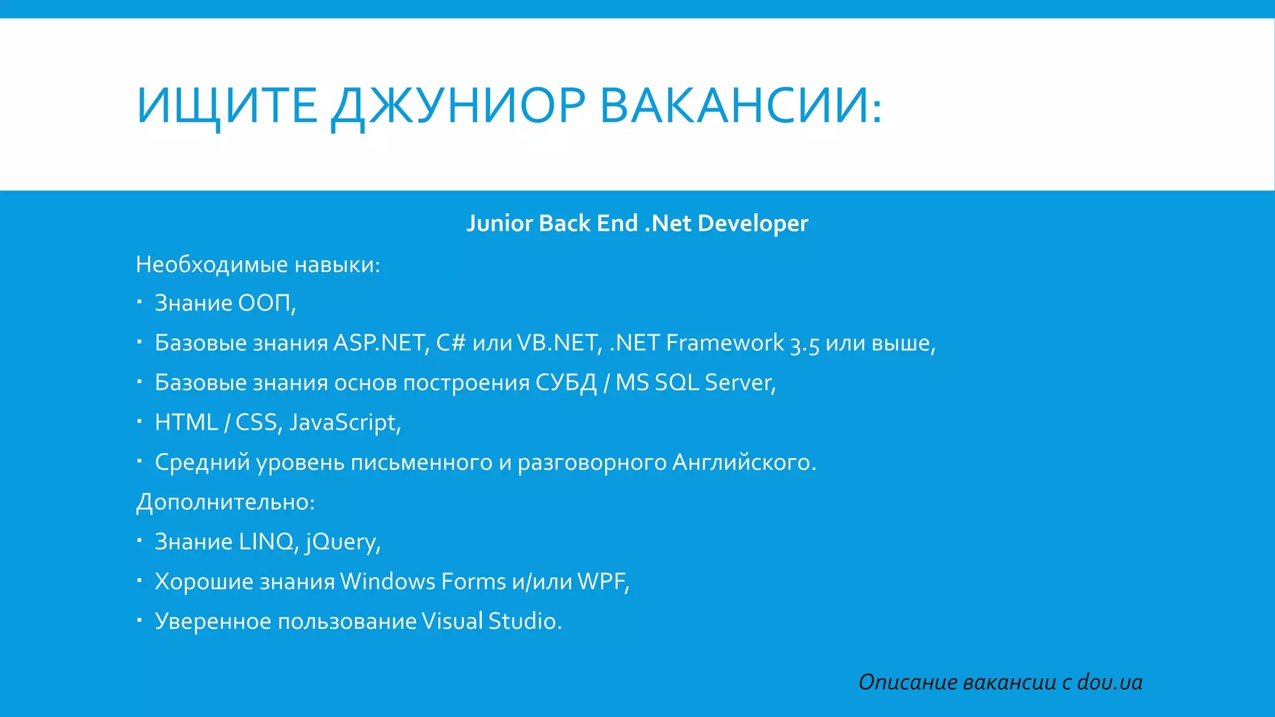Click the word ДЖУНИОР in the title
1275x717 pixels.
pyautogui.click(x=458, y=106)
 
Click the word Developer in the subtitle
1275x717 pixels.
pyautogui.click(x=753, y=223)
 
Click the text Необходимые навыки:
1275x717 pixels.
pyautogui.click(x=258, y=265)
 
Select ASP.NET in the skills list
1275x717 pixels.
pyautogui.click(x=380, y=343)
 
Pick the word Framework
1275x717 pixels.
pyautogui.click(x=725, y=343)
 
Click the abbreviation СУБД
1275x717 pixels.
pyautogui.click(x=566, y=383)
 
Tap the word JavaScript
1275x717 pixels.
pyautogui.click(x=344, y=423)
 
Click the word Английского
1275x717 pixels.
pyautogui.click(x=743, y=462)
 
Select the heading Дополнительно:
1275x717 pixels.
pyautogui.click(x=225, y=502)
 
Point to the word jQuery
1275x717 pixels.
pyautogui.click(x=342, y=542)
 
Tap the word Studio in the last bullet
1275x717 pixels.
pyautogui.click(x=525, y=621)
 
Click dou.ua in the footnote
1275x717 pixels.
pyautogui.click(x=1109, y=683)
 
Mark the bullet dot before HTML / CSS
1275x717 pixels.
pyautogui.click(x=140, y=421)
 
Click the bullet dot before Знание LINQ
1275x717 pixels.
pyautogui.click(x=140, y=541)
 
